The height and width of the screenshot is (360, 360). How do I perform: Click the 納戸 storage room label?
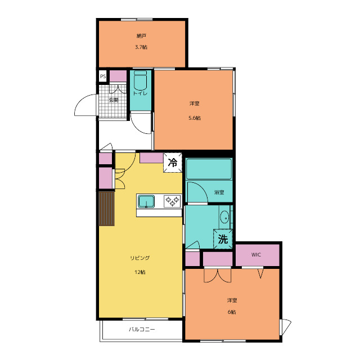click(x=141, y=36)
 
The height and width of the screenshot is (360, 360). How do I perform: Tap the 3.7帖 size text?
click(x=141, y=47)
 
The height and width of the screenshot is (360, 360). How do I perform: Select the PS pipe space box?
click(x=103, y=76)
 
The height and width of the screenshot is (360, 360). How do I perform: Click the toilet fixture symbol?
click(x=140, y=80)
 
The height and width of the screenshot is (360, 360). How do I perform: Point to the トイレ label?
click(x=140, y=93)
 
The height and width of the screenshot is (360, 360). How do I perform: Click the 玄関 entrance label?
click(x=114, y=100)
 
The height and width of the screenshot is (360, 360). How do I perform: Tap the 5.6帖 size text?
click(x=195, y=118)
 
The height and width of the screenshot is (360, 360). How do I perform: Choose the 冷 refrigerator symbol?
click(x=173, y=163)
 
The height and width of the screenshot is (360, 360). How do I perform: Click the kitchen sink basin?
click(x=146, y=201)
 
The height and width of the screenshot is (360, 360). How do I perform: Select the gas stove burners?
click(x=172, y=201)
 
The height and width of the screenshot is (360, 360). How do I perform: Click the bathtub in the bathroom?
click(x=209, y=169)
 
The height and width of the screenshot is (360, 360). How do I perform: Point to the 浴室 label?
click(x=219, y=192)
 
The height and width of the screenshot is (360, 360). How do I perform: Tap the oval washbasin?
click(x=224, y=217)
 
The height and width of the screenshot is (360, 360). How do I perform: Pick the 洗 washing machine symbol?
click(x=223, y=239)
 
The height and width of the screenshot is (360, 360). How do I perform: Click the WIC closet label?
click(x=256, y=255)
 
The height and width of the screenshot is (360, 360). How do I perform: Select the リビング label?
click(x=140, y=258)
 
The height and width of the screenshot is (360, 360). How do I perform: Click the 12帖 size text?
click(x=140, y=272)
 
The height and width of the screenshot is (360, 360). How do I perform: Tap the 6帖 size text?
click(x=232, y=312)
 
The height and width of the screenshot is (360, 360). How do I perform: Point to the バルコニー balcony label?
click(x=142, y=330)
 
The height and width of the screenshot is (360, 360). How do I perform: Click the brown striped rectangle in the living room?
click(x=106, y=209)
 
